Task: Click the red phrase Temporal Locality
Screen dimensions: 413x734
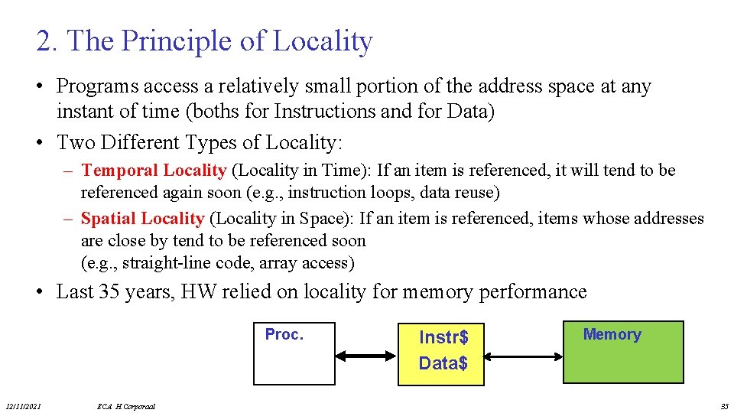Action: coord(153,171)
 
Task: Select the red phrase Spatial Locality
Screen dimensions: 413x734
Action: coord(142,219)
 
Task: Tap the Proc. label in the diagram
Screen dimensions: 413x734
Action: coord(284,334)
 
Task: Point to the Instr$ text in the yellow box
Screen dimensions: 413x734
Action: coord(443,337)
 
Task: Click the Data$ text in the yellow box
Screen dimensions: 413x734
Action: coord(443,363)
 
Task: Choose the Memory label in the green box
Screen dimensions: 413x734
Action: coord(612,334)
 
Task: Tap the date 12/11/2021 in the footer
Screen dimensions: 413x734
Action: coord(24,405)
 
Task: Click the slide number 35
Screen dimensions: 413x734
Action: coord(724,405)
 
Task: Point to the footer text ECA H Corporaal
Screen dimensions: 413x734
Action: coord(126,406)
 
